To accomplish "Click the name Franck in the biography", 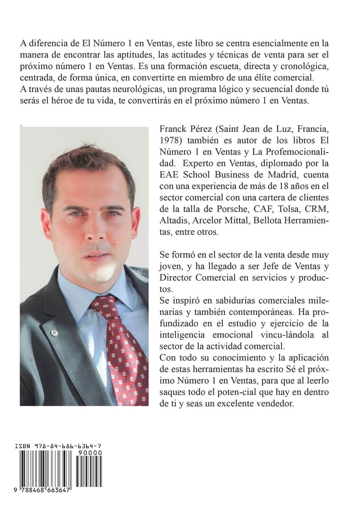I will (175, 130).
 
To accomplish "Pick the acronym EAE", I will (169, 175).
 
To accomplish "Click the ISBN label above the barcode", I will (22, 446).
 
